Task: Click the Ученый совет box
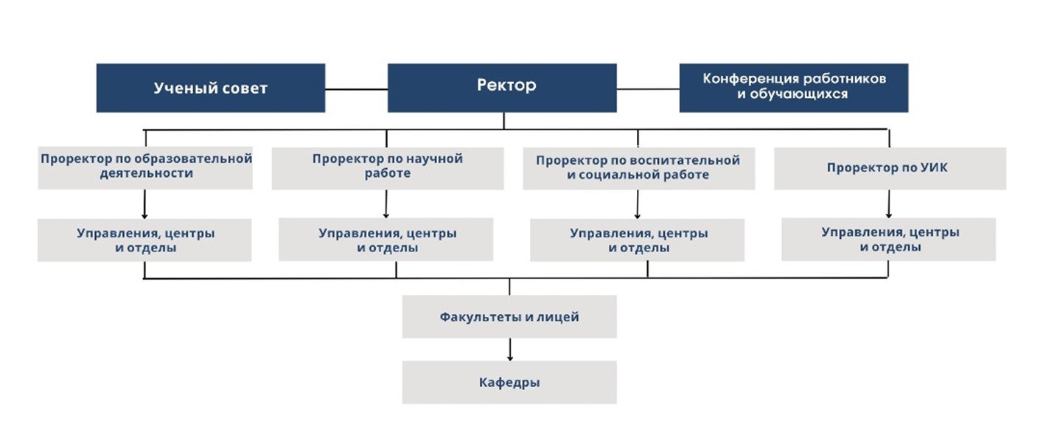(211, 88)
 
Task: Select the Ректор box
(502, 88)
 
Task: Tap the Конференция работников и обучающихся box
(793, 88)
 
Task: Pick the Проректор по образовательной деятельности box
(145, 168)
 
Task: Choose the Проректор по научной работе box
(388, 169)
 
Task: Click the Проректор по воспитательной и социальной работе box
(638, 169)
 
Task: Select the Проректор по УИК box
(890, 169)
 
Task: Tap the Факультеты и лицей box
(509, 316)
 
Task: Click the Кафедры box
(509, 382)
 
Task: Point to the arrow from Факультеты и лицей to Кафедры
(510, 350)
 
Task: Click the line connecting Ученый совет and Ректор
(356, 89)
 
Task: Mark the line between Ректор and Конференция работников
(648, 89)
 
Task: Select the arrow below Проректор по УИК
(888, 204)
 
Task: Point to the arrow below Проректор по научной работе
(386, 204)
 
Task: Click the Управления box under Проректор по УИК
(888, 240)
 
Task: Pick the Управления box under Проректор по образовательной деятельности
(144, 240)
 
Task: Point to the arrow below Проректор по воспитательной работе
(638, 204)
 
